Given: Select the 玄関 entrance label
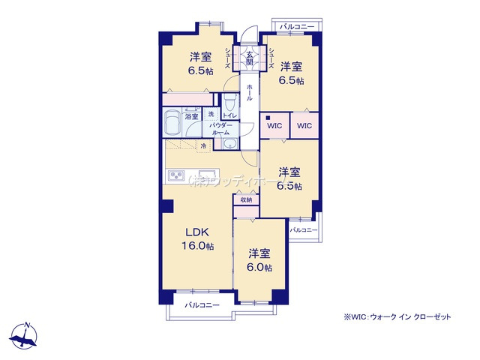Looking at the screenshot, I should pos(249,58).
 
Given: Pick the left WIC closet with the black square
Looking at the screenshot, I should pos(274,126).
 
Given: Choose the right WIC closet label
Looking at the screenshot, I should pos(304,126).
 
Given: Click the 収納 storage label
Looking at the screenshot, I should pos(247,199).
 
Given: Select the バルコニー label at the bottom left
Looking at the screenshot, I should pos(202,305).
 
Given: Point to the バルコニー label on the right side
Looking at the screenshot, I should pos(304,229).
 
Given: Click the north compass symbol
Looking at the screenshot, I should pos(27,334).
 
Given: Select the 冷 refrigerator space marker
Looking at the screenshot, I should pos(202,146).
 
